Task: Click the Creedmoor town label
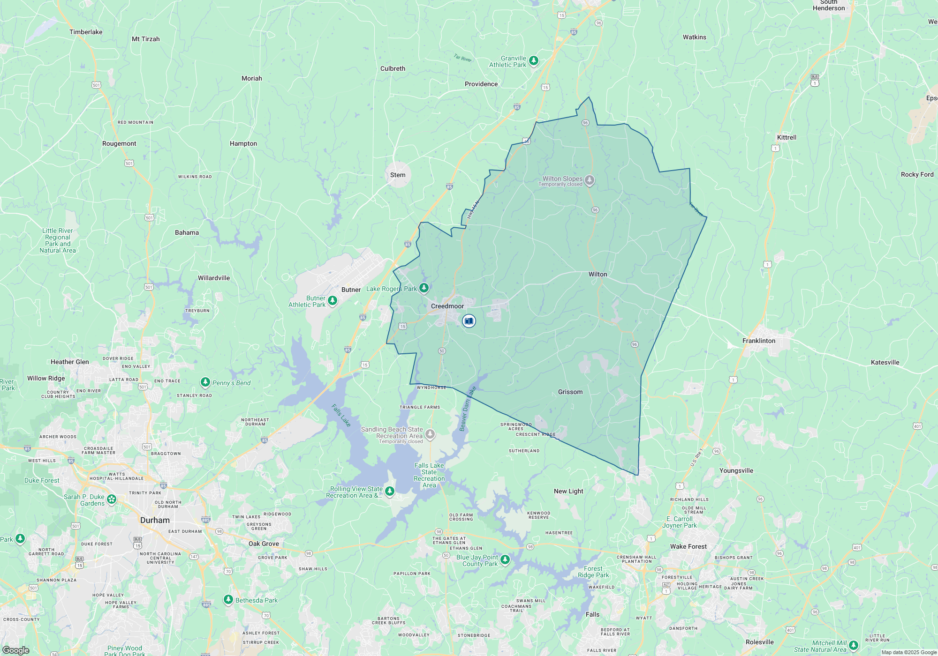click(x=447, y=306)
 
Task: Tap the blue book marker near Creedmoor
click(x=469, y=321)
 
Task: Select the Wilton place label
click(x=598, y=274)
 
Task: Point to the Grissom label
click(x=570, y=392)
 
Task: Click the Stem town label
click(x=398, y=175)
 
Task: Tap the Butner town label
click(x=351, y=290)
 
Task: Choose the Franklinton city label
click(x=759, y=341)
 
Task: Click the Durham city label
click(x=155, y=520)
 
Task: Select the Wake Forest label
click(x=688, y=546)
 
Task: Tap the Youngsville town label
click(x=736, y=470)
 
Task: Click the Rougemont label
click(x=119, y=143)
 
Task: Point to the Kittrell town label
click(x=787, y=137)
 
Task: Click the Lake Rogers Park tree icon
click(x=424, y=287)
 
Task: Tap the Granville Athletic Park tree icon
click(x=533, y=60)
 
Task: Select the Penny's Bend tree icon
click(x=205, y=382)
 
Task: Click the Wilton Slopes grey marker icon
click(x=590, y=180)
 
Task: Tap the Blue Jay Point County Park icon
click(x=505, y=559)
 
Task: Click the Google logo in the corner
click(x=15, y=650)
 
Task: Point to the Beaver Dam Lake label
click(x=467, y=409)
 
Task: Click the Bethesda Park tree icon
click(x=228, y=599)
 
